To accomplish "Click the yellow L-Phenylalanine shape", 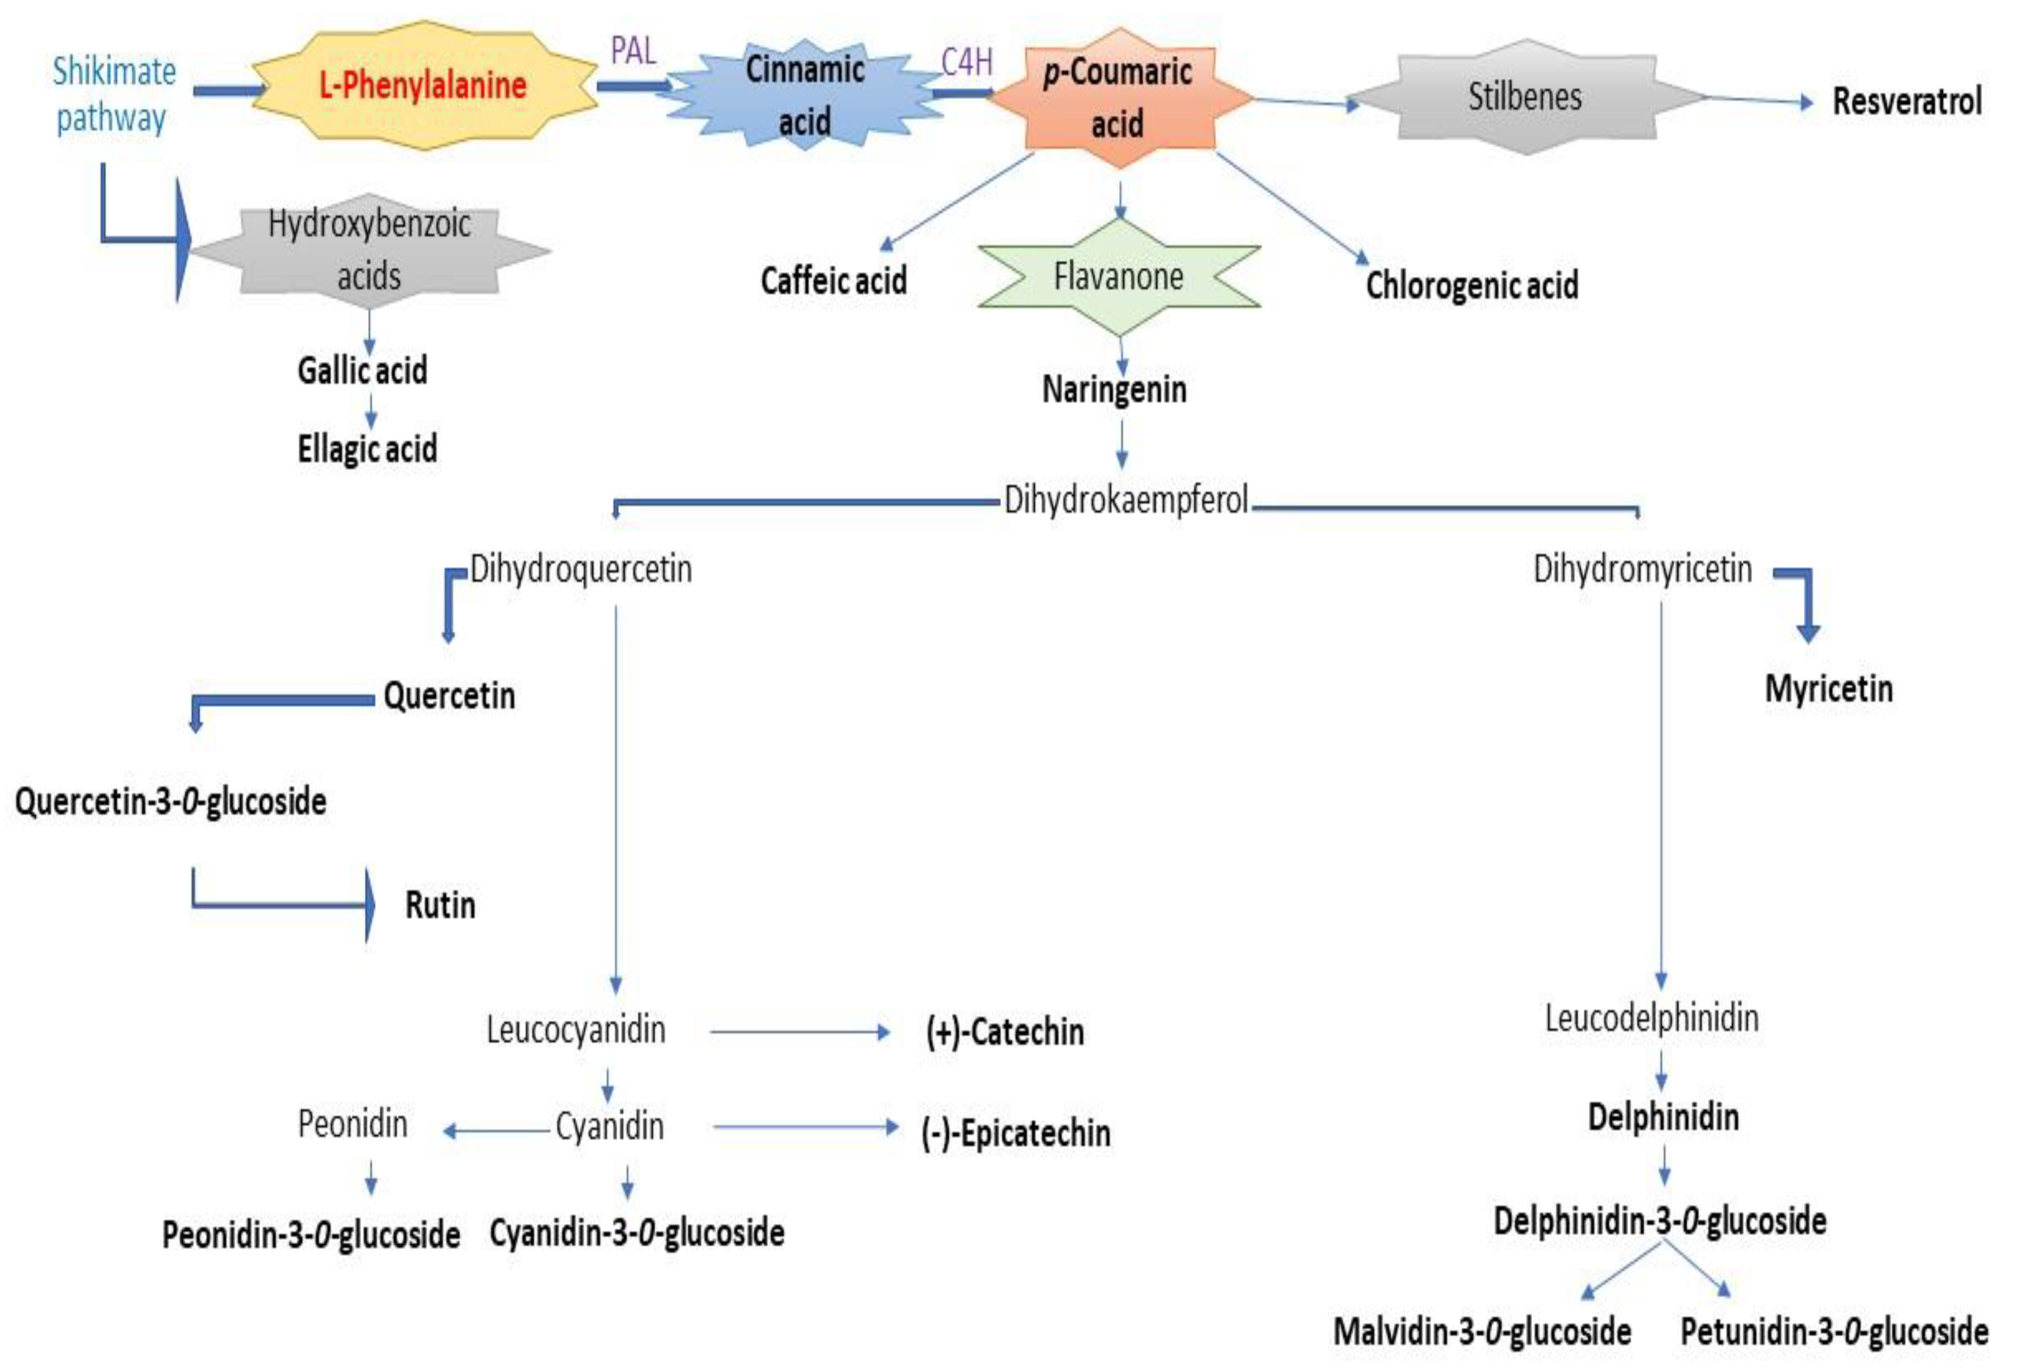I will tap(423, 86).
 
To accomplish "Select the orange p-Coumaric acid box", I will tap(1118, 98).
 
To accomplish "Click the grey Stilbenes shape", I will tap(1524, 96).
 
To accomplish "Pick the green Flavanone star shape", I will tap(1118, 277).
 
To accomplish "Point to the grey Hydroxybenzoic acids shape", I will tap(370, 251).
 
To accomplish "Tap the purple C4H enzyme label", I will tap(966, 62).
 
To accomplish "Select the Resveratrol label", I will tap(1906, 101).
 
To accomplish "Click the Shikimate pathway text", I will tap(113, 94).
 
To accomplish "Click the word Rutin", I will tap(440, 905).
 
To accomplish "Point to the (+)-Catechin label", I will tap(1005, 1032).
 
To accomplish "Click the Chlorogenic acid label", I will tap(1472, 285).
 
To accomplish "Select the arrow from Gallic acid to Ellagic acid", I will tap(370, 410).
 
